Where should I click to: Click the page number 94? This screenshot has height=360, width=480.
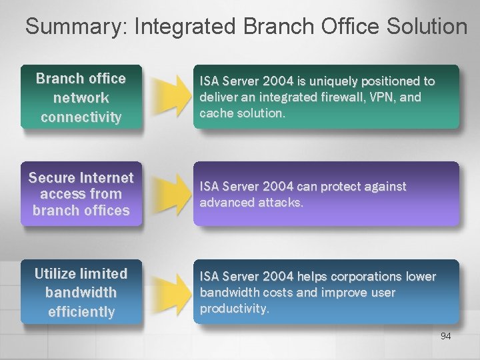coord(445,336)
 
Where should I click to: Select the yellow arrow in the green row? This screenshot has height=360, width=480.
coord(169,97)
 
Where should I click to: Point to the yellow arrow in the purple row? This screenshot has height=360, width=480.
coord(169,194)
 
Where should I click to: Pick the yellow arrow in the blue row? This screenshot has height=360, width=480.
coord(169,291)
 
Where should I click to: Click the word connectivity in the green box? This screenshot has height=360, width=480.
coord(81,117)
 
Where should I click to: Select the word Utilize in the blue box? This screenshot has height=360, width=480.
coord(56,273)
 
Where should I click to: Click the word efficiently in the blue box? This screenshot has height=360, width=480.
coord(81,311)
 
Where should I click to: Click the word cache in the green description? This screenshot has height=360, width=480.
coord(215,113)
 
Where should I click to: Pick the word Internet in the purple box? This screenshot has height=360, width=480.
coord(107,178)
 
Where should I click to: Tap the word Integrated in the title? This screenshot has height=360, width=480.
coord(185,27)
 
